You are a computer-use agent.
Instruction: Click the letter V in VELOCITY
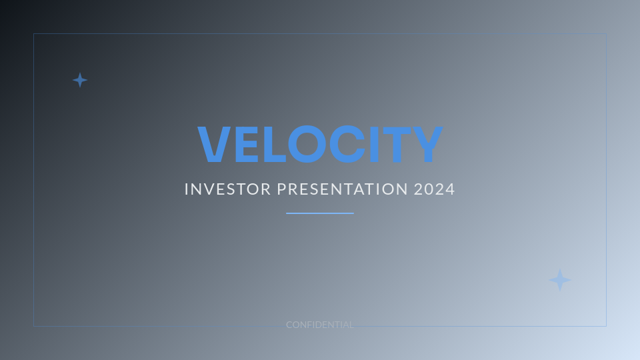click(214, 145)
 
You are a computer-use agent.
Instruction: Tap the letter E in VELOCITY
click(243, 145)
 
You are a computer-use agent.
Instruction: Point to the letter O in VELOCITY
click(305, 145)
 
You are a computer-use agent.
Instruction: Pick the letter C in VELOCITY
click(345, 145)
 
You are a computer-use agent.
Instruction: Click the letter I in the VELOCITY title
click(373, 145)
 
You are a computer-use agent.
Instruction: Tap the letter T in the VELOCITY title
click(397, 145)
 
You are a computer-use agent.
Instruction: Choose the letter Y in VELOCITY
click(427, 145)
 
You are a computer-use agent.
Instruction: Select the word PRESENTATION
click(342, 189)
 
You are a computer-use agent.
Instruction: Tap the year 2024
click(435, 189)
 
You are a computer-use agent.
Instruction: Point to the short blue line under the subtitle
click(320, 213)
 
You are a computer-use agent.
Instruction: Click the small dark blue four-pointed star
click(80, 80)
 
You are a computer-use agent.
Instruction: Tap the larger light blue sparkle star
click(560, 281)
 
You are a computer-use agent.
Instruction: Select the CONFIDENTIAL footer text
click(320, 325)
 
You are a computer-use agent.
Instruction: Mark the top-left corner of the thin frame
click(34, 34)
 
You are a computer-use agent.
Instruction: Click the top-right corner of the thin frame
click(606, 34)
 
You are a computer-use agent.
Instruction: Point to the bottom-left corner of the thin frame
click(34, 326)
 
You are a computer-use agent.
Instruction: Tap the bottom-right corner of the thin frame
click(606, 326)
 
